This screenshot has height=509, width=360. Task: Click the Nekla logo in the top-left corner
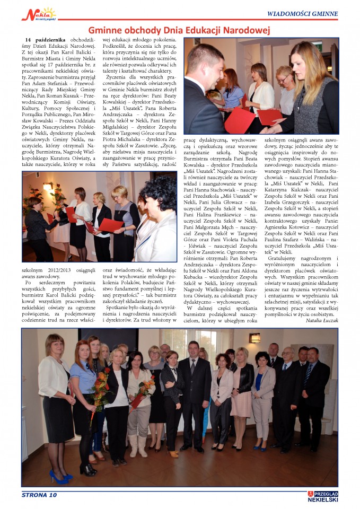(38, 14)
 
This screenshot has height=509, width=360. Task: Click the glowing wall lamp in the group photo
(255, 337)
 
